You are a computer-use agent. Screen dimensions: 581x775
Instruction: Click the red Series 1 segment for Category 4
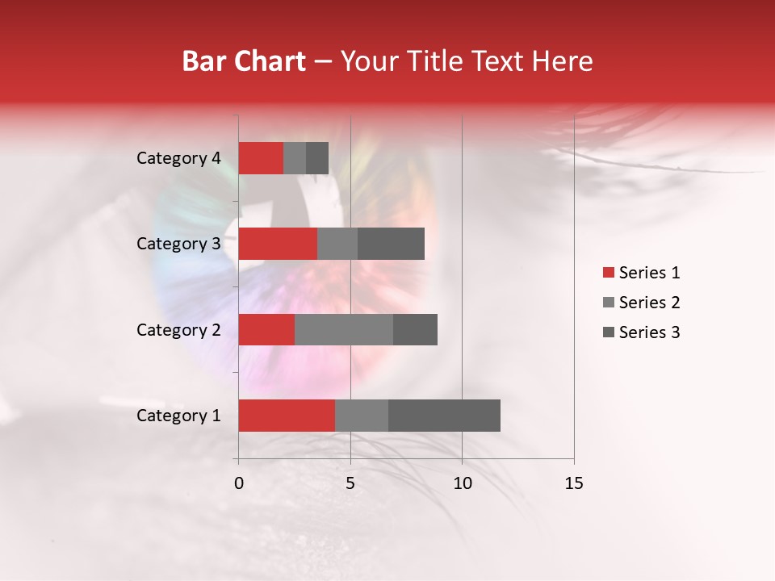pyautogui.click(x=261, y=158)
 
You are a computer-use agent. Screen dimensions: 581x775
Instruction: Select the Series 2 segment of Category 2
pyautogui.click(x=344, y=329)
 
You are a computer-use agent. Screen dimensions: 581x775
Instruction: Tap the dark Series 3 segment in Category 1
pyautogui.click(x=444, y=416)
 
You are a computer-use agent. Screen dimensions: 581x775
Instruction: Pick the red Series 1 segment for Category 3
pyautogui.click(x=278, y=244)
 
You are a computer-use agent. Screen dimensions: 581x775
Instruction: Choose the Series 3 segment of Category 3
pyautogui.click(x=391, y=244)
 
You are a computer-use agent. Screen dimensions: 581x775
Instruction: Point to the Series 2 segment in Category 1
pyautogui.click(x=362, y=416)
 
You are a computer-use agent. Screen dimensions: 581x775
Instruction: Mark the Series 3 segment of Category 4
pyautogui.click(x=317, y=158)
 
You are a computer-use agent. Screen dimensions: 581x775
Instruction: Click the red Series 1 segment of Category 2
pyautogui.click(x=266, y=329)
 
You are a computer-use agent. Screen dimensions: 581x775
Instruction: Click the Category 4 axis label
pyautogui.click(x=178, y=158)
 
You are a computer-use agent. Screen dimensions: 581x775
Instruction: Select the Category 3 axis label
pyautogui.click(x=178, y=244)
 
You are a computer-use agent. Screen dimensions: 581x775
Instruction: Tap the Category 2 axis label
pyautogui.click(x=178, y=329)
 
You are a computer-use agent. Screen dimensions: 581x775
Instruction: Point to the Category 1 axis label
pyautogui.click(x=178, y=416)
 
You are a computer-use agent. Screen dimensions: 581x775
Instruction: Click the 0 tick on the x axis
pyautogui.click(x=239, y=483)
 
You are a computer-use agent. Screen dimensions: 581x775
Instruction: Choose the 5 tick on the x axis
pyautogui.click(x=350, y=483)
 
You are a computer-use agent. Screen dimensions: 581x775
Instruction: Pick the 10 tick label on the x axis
pyautogui.click(x=462, y=483)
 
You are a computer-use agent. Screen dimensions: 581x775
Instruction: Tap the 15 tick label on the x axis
pyautogui.click(x=574, y=483)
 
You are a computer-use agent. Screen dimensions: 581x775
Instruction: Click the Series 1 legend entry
pyautogui.click(x=641, y=273)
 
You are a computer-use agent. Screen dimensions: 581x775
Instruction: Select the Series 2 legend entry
pyautogui.click(x=641, y=303)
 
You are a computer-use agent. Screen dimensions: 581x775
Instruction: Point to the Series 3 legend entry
pyautogui.click(x=641, y=332)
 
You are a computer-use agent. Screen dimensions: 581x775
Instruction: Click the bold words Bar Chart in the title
pyautogui.click(x=244, y=61)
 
